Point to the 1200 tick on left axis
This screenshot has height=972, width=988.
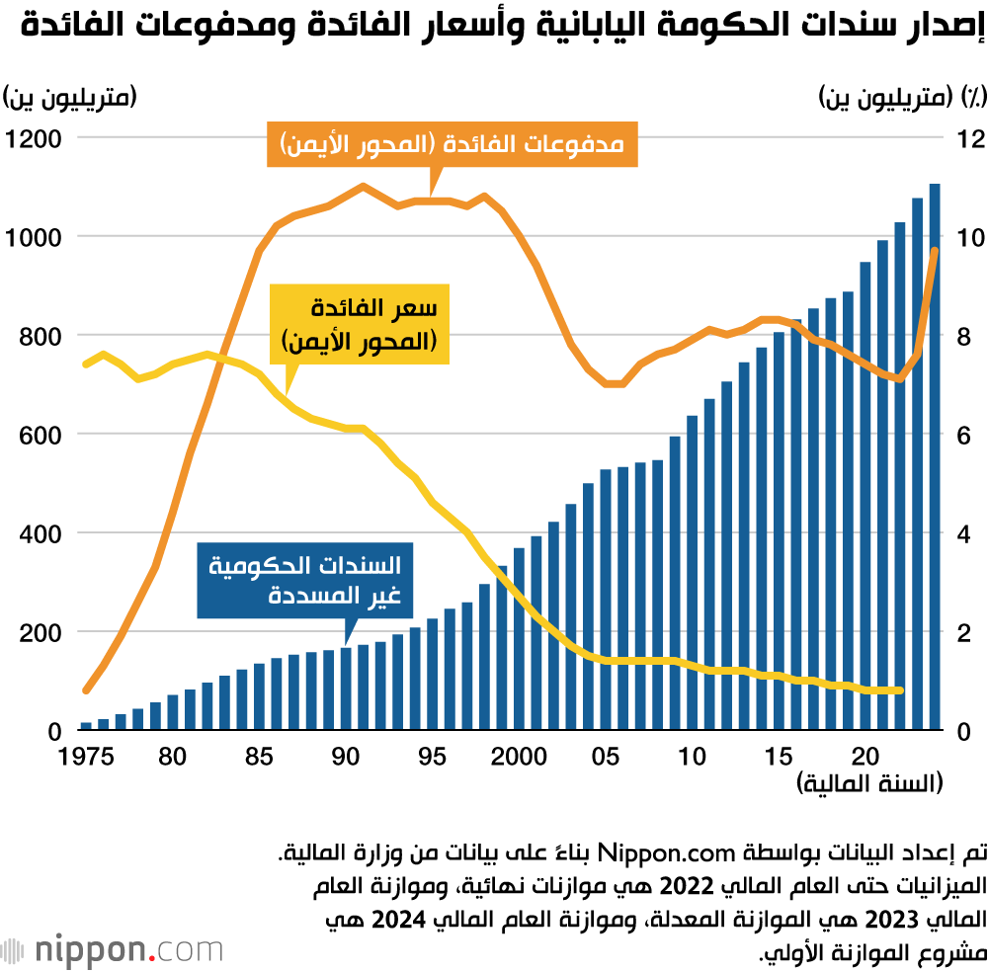(x=35, y=138)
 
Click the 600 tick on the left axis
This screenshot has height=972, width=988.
(x=42, y=435)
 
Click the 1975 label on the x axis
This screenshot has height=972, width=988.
(x=87, y=758)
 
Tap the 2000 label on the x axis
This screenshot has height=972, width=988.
(x=519, y=758)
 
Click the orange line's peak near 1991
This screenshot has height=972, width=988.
(x=363, y=186)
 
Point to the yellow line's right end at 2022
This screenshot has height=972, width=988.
(x=899, y=690)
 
